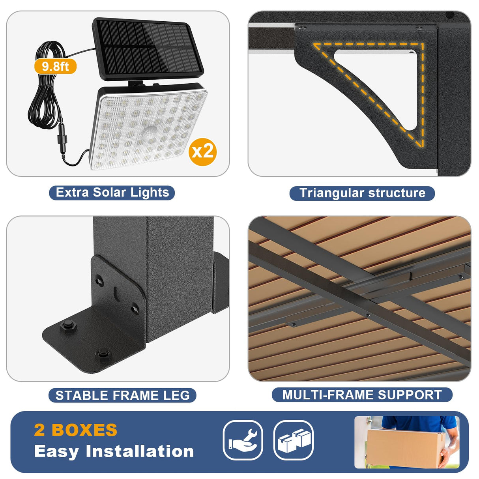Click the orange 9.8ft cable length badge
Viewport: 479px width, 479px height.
pos(55,66)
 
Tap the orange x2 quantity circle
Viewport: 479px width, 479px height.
pos(202,152)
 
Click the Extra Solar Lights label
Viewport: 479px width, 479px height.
pos(112,193)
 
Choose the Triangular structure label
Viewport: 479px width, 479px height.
pos(362,193)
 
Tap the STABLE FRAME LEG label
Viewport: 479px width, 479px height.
pos(122,395)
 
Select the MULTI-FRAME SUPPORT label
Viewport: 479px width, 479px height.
pos(362,395)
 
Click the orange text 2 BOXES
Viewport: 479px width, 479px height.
pos(76,430)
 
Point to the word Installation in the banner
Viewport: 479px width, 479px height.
pos(140,451)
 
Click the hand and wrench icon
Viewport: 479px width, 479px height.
pos(243,440)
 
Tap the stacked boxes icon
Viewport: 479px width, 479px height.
pos(294,440)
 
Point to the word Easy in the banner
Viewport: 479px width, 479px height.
pos(56,451)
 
